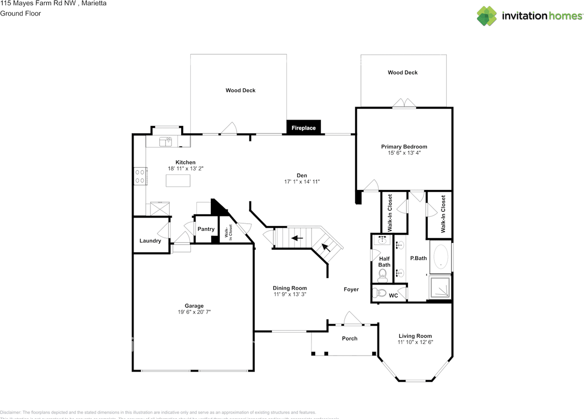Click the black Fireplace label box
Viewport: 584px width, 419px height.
click(304, 128)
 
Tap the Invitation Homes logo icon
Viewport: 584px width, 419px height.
click(487, 16)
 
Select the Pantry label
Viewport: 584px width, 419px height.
click(206, 229)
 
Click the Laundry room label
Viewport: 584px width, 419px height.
click(150, 241)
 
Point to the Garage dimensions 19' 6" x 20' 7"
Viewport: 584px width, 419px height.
click(194, 312)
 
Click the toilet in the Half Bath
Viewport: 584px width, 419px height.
click(382, 274)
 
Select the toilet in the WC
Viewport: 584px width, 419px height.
click(381, 293)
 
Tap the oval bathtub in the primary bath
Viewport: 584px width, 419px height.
click(441, 257)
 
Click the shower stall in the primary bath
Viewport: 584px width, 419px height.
click(439, 286)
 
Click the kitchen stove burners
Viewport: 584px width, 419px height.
click(140, 176)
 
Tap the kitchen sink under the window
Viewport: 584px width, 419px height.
click(165, 142)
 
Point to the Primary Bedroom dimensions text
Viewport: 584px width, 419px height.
click(404, 153)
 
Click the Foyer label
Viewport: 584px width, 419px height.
click(351, 289)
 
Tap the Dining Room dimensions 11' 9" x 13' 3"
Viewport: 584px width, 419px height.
click(290, 294)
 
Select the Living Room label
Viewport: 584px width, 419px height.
click(415, 336)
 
